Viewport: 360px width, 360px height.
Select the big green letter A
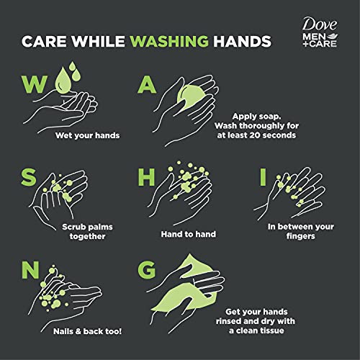click(x=147, y=86)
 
